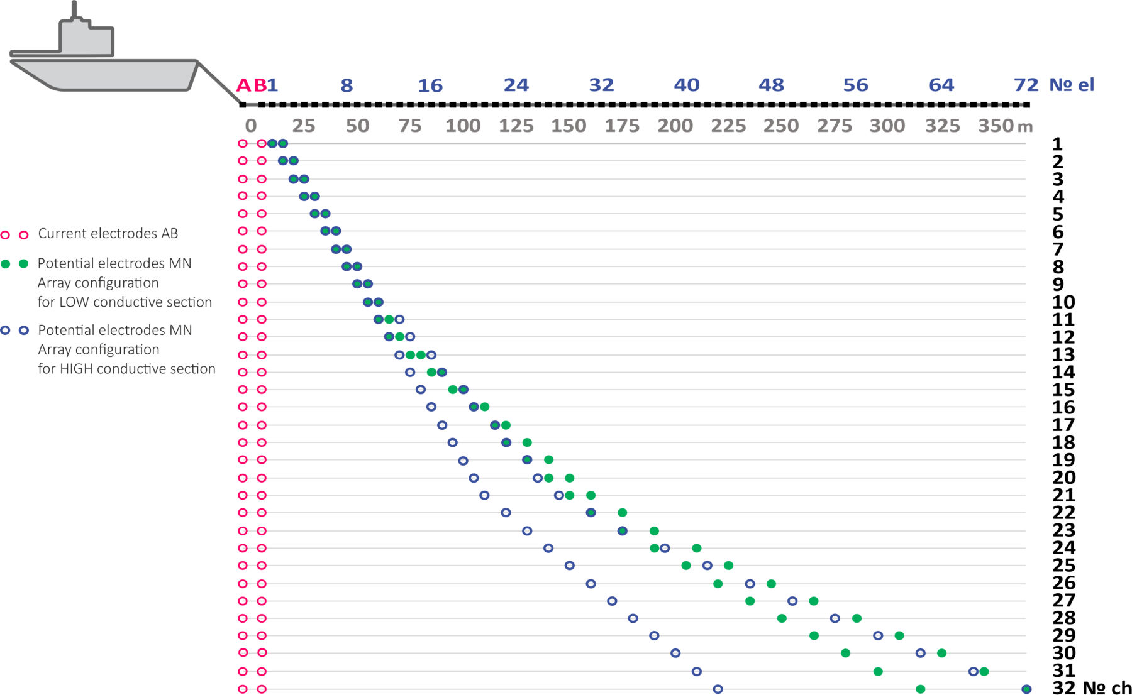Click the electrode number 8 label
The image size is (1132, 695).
(347, 85)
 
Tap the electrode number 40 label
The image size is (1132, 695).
(686, 85)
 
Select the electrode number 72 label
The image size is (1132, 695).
(1026, 85)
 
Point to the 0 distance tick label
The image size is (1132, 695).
(251, 126)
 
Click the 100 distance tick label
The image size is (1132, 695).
(463, 126)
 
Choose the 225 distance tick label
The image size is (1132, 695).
(728, 126)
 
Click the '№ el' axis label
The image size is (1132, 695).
(1072, 85)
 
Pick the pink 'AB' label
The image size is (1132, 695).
(251, 85)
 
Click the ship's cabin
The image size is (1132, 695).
(87, 39)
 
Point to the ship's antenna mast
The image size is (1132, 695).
(75, 9)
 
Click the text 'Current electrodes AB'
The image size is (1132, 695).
(108, 234)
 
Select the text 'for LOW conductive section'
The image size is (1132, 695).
(125, 302)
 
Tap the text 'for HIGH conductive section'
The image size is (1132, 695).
(126, 369)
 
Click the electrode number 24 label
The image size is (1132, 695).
(516, 85)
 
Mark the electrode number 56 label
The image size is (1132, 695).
(855, 85)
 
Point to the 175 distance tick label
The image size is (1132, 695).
(622, 126)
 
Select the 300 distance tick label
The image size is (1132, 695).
(887, 126)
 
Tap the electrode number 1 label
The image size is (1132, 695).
(273, 85)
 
